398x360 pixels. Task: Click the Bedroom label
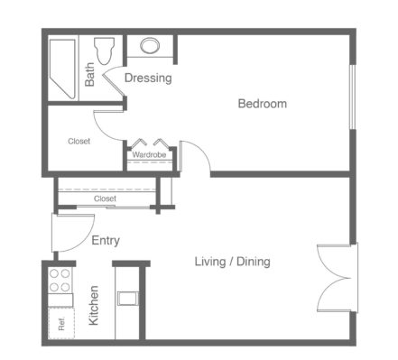point(263,104)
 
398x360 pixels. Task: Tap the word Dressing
point(148,78)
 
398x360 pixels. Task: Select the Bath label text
point(89,75)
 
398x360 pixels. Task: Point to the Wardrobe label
point(149,155)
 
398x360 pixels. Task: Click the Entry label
point(106,241)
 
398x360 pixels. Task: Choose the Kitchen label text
point(94,305)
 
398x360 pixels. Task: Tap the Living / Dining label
point(233,262)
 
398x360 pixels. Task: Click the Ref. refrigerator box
point(61,323)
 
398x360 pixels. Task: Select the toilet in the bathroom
point(105,51)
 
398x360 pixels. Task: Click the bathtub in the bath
point(62,69)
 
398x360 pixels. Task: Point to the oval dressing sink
point(150,46)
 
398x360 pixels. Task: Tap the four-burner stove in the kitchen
point(60,281)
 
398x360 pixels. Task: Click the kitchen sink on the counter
point(128,298)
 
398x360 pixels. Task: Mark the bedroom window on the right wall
point(353,97)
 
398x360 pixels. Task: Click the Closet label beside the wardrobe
point(79,141)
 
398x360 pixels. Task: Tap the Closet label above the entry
point(105,198)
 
